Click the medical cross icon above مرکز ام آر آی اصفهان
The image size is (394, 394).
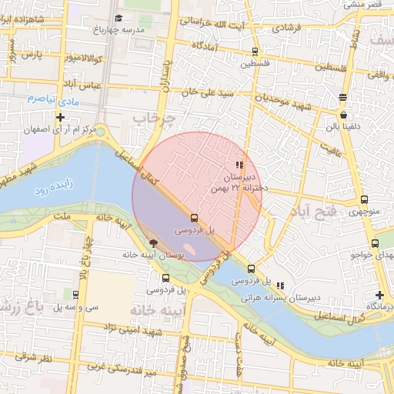pyautogui.click(x=61, y=118)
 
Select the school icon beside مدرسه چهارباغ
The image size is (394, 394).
pyautogui.click(x=118, y=18)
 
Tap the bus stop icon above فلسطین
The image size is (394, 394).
pyautogui.click(x=254, y=52)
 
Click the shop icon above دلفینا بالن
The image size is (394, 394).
pyautogui.click(x=342, y=114)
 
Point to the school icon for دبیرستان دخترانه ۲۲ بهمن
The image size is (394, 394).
pyautogui.click(x=240, y=165)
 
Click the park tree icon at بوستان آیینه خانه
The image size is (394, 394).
pyautogui.click(x=154, y=242)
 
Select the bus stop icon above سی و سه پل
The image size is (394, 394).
pyautogui.click(x=75, y=294)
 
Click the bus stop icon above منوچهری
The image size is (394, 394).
pyautogui.click(x=364, y=199)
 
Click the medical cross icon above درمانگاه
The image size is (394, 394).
pyautogui.click(x=379, y=295)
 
